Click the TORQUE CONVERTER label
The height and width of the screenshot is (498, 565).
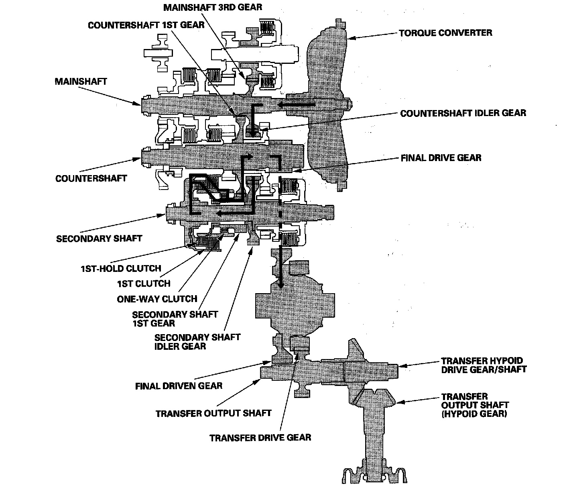pos(445,33)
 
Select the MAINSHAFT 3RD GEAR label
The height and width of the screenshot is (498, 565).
pos(213,8)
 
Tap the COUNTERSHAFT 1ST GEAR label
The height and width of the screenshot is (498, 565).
pos(146,25)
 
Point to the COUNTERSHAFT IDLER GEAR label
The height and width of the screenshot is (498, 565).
pos(463,113)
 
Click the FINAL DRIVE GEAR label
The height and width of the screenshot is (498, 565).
pos(441,158)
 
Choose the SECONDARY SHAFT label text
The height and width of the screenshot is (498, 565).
pos(99,238)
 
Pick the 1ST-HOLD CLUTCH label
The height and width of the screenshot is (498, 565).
pos(121,268)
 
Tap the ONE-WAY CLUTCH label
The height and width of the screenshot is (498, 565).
pos(157,299)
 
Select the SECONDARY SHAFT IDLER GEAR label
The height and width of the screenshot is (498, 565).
pos(197,341)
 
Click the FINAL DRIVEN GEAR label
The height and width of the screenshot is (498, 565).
pos(179,386)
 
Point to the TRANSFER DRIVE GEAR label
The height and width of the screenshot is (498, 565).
pos(260,437)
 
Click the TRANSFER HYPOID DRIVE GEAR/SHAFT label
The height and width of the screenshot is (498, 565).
pos(484,365)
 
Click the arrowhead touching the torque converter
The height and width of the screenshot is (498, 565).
pos(351,38)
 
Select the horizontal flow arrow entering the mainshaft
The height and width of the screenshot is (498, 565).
pos(297,105)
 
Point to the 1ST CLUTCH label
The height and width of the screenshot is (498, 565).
pos(144,284)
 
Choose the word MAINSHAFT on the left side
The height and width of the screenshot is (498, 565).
pos(81,82)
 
